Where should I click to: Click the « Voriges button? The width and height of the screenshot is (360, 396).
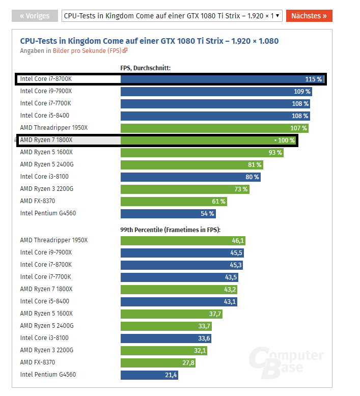coord(35,16)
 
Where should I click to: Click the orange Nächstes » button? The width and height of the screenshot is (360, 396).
coord(309,16)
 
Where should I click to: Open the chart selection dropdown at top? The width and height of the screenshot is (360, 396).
coord(172,16)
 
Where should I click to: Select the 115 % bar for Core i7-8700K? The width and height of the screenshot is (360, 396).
coord(222,79)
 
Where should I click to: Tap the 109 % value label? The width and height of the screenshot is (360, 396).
coord(302,92)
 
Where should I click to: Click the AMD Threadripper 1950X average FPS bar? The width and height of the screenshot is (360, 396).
coord(214,128)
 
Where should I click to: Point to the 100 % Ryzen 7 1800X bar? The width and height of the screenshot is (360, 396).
coord(208,140)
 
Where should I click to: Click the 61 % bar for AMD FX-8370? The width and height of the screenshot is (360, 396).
coord(174,202)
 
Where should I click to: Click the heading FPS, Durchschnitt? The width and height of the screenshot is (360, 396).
coord(146,68)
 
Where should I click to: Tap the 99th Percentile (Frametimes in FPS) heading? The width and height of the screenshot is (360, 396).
coord(174,230)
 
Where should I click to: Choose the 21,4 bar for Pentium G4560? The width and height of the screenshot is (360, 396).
coord(149,375)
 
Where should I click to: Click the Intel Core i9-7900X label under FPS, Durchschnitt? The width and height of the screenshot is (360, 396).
coord(46,92)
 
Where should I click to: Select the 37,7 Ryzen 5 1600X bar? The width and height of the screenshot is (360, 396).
coord(171,314)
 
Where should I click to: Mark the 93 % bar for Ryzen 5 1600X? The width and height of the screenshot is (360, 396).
coord(202,153)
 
